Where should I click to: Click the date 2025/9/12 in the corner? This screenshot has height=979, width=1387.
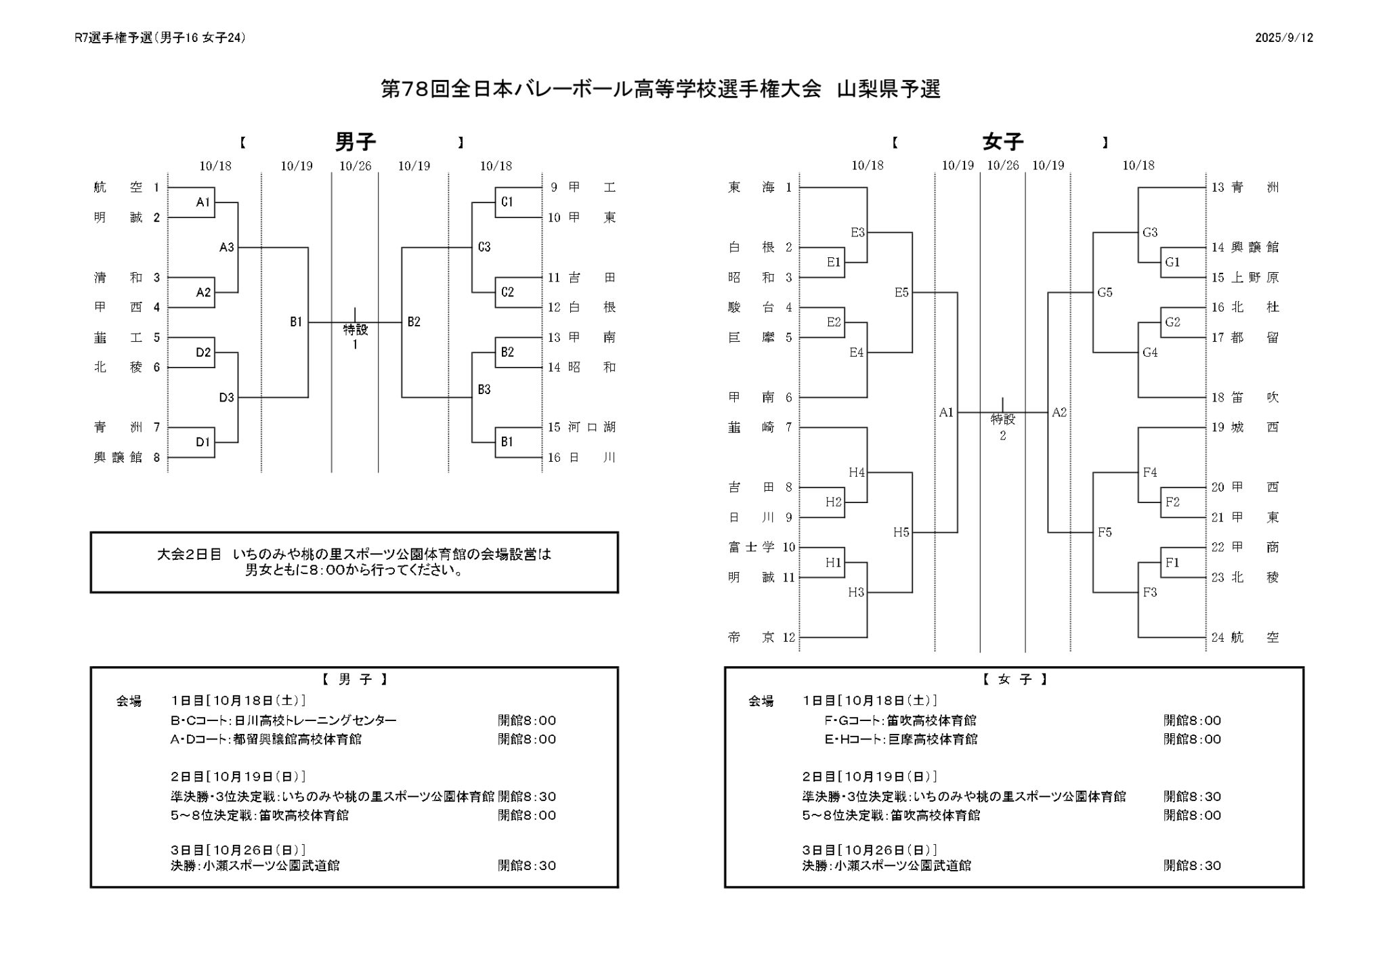click(x=1283, y=38)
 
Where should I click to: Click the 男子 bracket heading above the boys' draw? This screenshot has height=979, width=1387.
click(x=355, y=142)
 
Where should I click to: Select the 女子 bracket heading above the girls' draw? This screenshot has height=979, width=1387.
click(x=1002, y=142)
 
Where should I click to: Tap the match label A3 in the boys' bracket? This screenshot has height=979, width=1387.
click(x=226, y=248)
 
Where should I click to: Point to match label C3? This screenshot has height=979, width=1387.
click(x=484, y=248)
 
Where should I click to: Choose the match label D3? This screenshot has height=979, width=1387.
click(x=226, y=397)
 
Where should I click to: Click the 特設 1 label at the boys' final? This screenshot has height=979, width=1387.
click(x=355, y=336)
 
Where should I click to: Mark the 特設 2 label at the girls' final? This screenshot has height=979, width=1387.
click(x=1002, y=427)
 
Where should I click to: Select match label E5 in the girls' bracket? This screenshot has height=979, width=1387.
click(x=901, y=292)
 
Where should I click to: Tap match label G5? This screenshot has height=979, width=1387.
click(x=1105, y=292)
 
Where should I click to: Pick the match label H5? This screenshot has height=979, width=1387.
click(x=901, y=532)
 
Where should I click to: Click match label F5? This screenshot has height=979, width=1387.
click(x=1105, y=532)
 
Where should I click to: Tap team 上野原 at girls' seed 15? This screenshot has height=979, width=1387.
click(x=1254, y=278)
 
